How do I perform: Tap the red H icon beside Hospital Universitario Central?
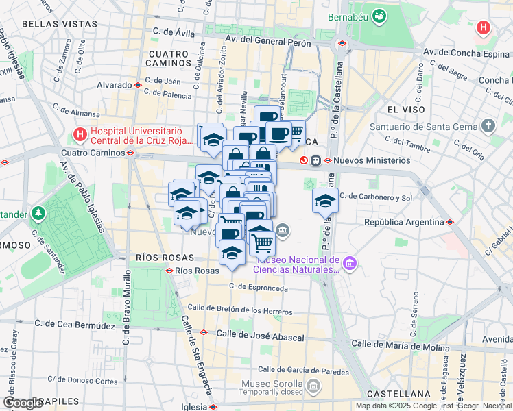click(81, 135)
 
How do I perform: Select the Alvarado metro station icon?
click(138, 85)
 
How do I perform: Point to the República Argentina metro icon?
click(451, 222)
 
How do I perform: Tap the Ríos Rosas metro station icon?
click(169, 271)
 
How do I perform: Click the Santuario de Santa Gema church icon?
click(488, 126)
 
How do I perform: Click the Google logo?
click(23, 402)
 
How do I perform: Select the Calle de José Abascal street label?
click(260, 337)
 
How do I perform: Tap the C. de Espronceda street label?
click(259, 287)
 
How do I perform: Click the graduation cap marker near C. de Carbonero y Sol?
click(325, 201)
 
